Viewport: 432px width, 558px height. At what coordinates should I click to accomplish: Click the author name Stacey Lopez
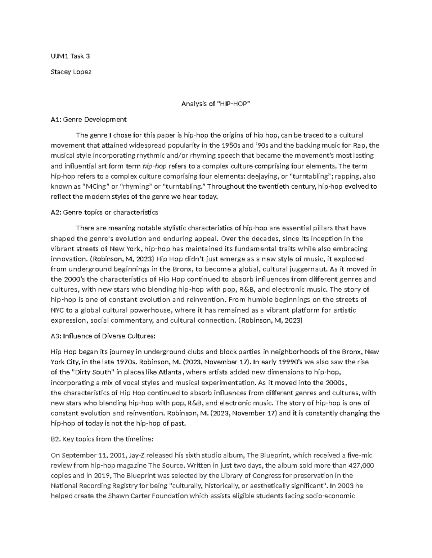pyautogui.click(x=71, y=72)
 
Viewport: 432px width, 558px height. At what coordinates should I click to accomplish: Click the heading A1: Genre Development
pyautogui.click(x=89, y=119)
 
